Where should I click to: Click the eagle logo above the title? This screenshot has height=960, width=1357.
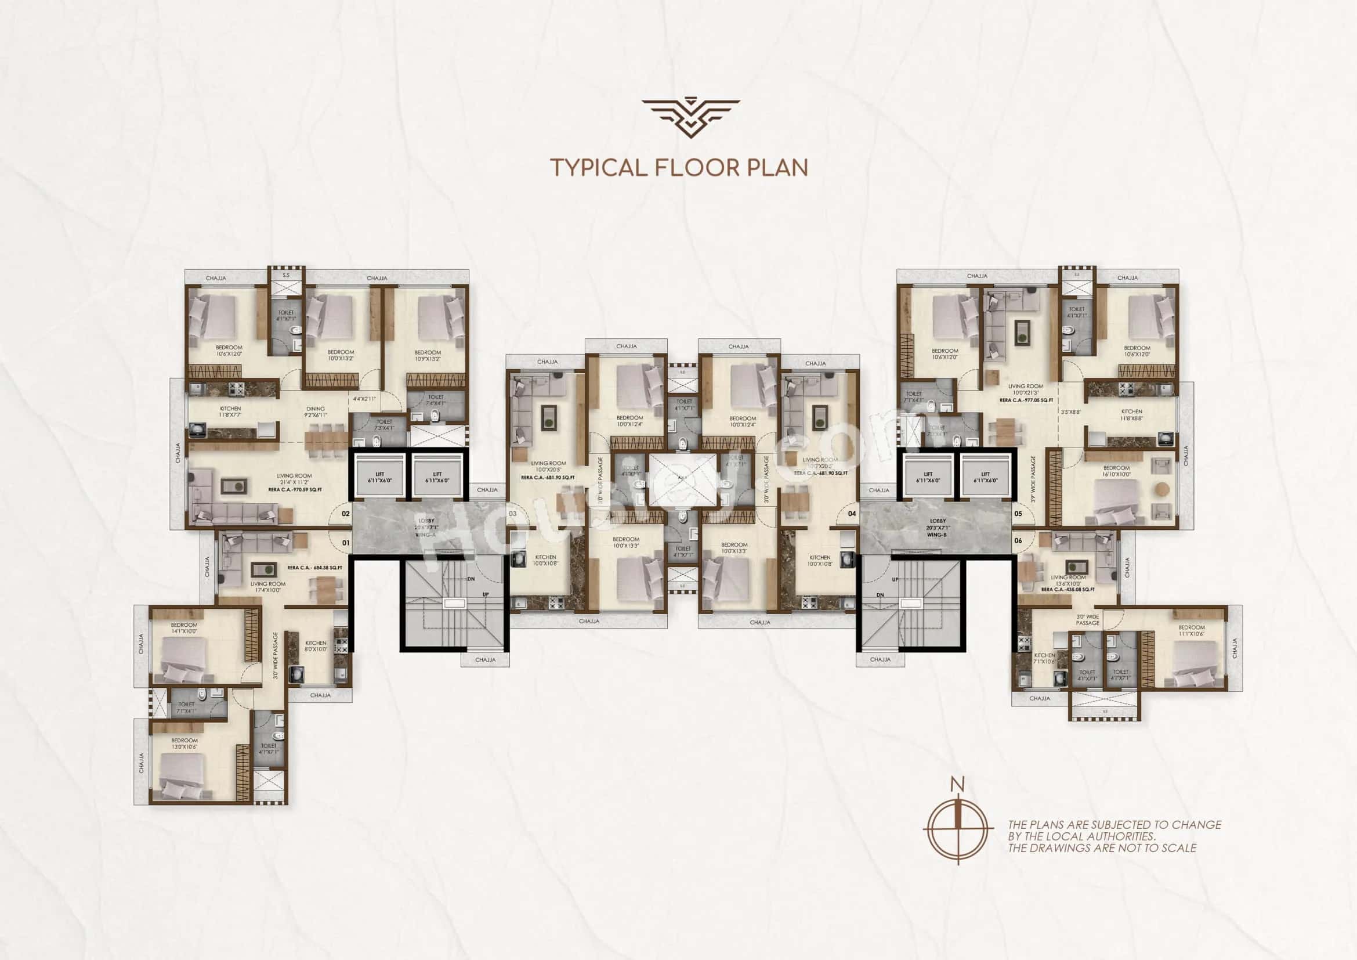click(690, 118)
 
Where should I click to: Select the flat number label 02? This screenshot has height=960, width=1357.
click(346, 514)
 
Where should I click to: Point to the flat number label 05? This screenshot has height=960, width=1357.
click(1018, 514)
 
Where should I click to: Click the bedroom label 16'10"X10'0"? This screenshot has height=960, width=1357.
click(1116, 471)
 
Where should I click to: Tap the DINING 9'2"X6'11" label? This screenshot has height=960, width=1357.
click(316, 412)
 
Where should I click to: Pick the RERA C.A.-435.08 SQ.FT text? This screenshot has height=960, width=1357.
click(1068, 589)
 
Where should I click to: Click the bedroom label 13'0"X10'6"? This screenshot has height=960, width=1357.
click(184, 744)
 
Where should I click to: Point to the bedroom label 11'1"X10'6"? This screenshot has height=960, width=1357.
click(1191, 631)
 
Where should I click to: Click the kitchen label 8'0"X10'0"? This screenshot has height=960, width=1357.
click(316, 645)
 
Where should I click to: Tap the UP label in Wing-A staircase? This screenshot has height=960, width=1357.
click(486, 594)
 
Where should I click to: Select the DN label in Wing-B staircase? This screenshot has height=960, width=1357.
click(880, 595)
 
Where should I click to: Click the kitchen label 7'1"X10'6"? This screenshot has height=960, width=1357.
click(1044, 658)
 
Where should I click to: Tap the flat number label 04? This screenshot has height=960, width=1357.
click(852, 514)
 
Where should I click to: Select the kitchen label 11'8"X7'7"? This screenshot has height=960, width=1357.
click(230, 412)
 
